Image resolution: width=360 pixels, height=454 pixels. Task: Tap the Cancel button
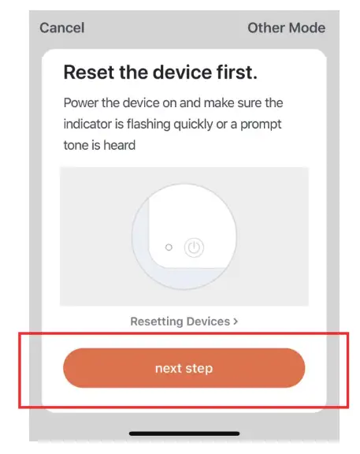(x=61, y=28)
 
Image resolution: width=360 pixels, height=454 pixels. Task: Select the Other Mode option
(x=286, y=28)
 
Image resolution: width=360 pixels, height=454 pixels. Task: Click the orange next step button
(x=184, y=368)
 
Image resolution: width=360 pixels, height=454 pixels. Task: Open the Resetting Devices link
(x=184, y=322)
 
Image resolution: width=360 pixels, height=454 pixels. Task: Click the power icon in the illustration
(x=194, y=247)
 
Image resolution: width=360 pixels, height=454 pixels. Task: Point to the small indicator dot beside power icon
(x=169, y=247)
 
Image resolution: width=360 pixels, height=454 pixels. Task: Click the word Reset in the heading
(x=90, y=73)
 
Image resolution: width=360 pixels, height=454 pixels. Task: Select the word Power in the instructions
(x=81, y=103)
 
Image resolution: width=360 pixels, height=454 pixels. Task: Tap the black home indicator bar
(x=184, y=433)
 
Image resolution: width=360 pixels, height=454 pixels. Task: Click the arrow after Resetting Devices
(x=236, y=322)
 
